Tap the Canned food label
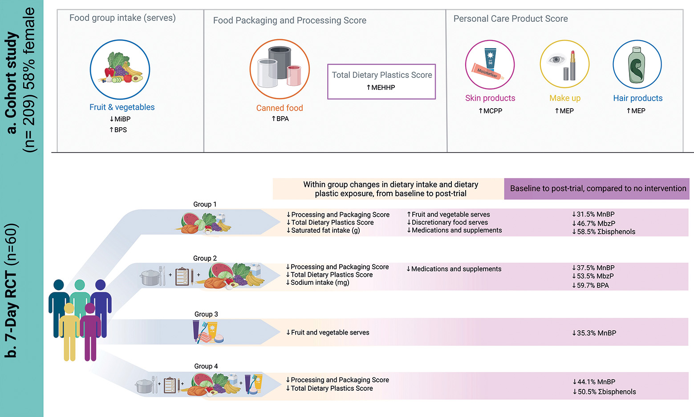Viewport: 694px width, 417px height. pos(280,108)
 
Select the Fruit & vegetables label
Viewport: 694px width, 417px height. pos(122,107)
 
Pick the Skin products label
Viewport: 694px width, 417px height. pos(490,98)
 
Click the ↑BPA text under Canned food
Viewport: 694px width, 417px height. pos(280,119)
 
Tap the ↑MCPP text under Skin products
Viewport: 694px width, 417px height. pos(490,111)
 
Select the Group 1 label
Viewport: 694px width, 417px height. pos(205,204)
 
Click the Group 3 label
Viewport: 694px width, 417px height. pos(206,314)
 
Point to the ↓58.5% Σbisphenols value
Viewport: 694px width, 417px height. pos(604,232)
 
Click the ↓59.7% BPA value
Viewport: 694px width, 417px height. pos(590,285)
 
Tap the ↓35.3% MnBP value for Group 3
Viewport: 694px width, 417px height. pos(594,333)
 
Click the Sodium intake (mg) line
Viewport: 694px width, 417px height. pos(317,283)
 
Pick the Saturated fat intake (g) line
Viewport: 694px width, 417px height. pos(323,231)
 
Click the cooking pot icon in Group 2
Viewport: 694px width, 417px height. pos(150,277)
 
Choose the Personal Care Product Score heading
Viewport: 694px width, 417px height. pos(511,19)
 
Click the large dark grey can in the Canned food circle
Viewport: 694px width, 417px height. pos(280,62)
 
